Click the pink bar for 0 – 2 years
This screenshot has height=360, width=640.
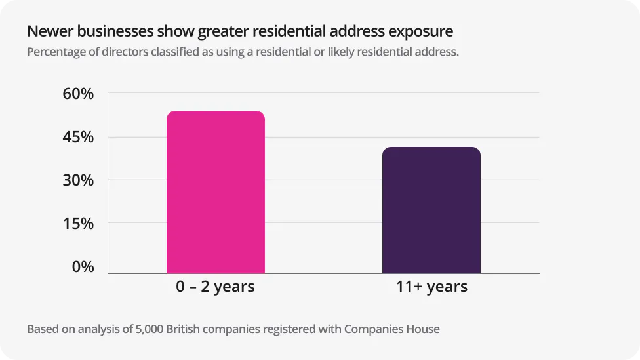[216, 192]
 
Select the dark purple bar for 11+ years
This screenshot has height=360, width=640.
[431, 210]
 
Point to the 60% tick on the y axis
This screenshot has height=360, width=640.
[78, 94]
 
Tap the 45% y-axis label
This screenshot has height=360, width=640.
[78, 137]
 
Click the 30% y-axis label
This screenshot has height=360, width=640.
[78, 180]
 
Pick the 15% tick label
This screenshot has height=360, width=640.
[78, 224]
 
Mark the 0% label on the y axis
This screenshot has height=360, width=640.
[83, 267]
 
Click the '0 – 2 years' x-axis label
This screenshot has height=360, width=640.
[215, 287]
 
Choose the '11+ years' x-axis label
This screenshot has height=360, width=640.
[432, 287]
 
